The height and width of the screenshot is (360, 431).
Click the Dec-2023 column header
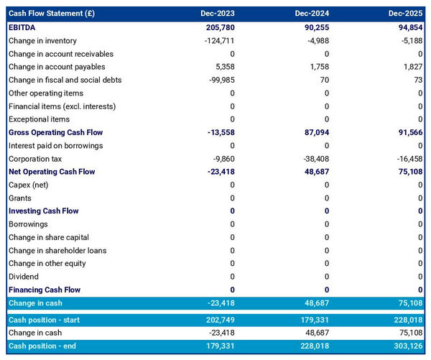pos(218,14)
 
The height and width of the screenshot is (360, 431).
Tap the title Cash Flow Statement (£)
pos(50,14)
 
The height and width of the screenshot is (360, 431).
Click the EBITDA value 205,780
pos(218,27)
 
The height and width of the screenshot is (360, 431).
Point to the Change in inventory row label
pos(42,41)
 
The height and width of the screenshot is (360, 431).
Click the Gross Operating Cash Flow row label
pos(55,133)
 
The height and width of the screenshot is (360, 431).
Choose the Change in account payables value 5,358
pos(223,67)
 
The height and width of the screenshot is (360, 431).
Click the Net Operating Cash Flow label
pos(52,172)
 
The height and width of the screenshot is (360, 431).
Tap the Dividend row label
pos(24,277)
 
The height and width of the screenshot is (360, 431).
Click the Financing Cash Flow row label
pos(45,290)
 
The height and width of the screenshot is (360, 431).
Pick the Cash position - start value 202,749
pos(218,320)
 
